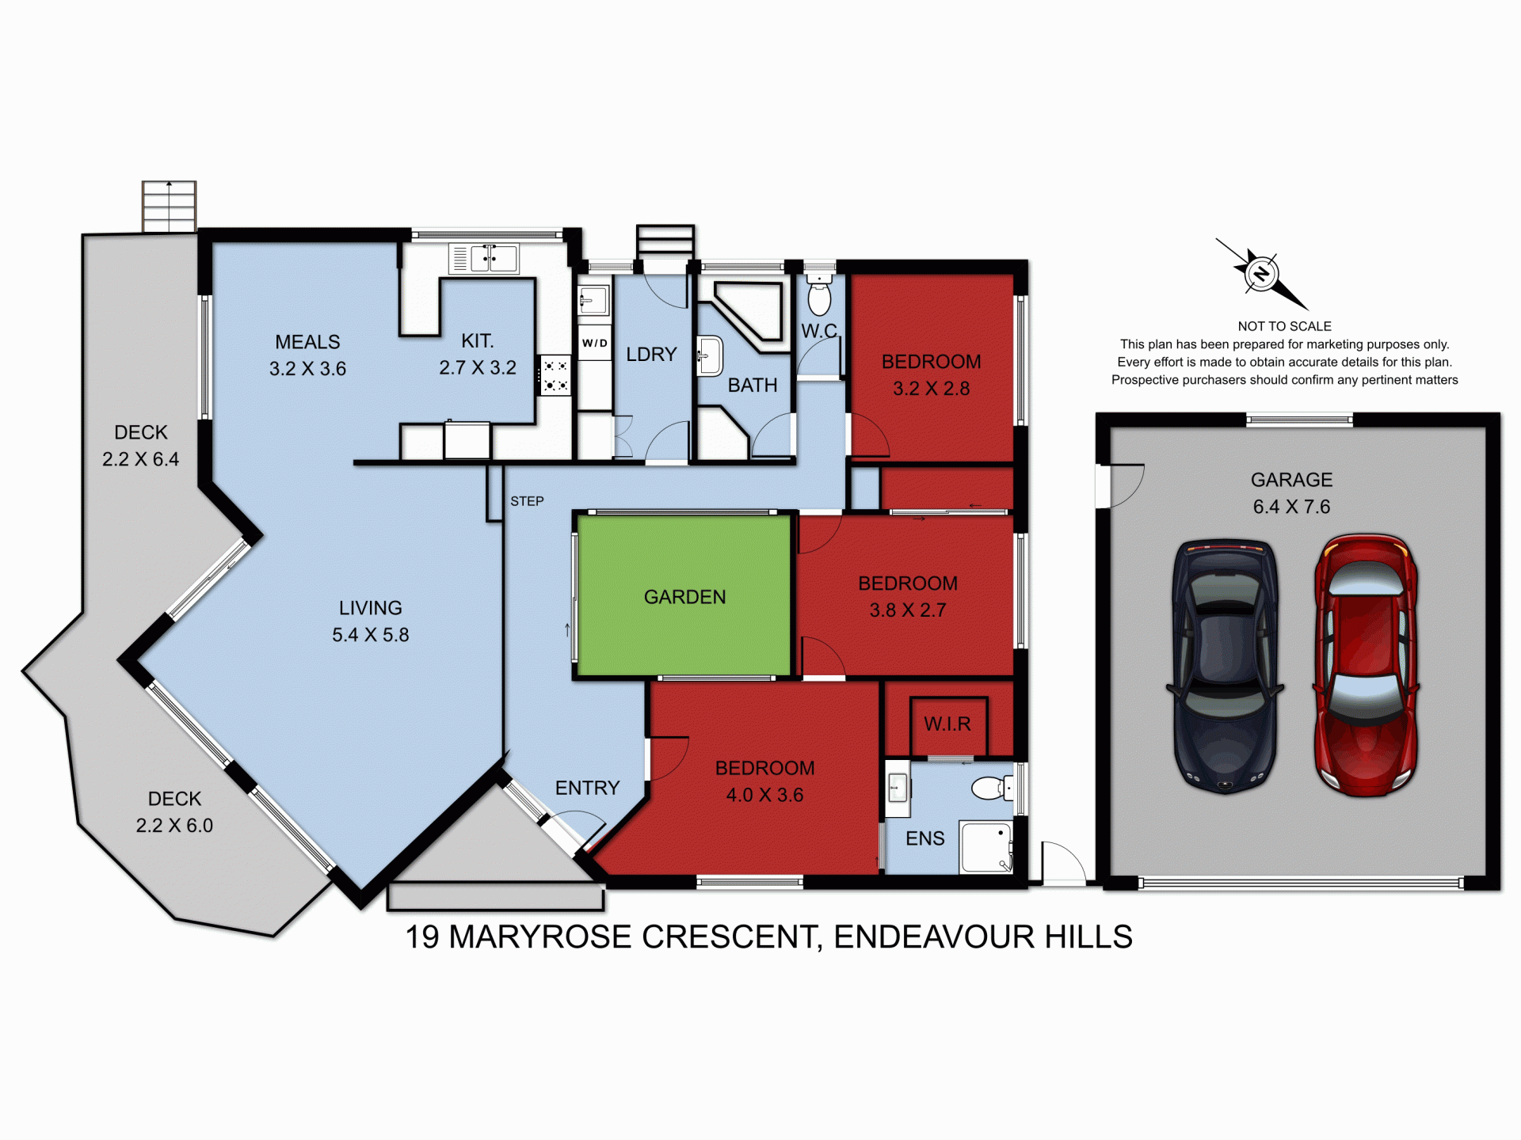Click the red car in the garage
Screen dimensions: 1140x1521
(x=1365, y=665)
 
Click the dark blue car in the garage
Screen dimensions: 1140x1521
(x=1225, y=667)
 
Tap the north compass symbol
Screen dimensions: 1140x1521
(x=1261, y=274)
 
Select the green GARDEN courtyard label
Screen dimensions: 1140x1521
(x=684, y=597)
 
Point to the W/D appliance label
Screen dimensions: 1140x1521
(x=594, y=343)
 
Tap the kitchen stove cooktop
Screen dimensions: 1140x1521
(x=555, y=375)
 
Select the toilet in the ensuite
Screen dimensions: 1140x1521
(x=991, y=788)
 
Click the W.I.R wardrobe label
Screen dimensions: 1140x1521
(x=947, y=724)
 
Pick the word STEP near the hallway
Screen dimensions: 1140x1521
(x=527, y=501)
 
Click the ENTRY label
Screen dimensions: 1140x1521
(x=587, y=788)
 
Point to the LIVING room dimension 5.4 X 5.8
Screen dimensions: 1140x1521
(x=370, y=635)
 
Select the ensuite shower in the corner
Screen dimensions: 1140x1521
(x=985, y=847)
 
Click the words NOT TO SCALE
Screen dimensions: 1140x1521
(x=1284, y=326)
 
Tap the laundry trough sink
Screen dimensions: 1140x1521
(x=593, y=301)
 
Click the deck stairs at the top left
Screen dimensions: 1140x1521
(x=169, y=206)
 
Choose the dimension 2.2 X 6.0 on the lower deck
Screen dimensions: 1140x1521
(x=174, y=826)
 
